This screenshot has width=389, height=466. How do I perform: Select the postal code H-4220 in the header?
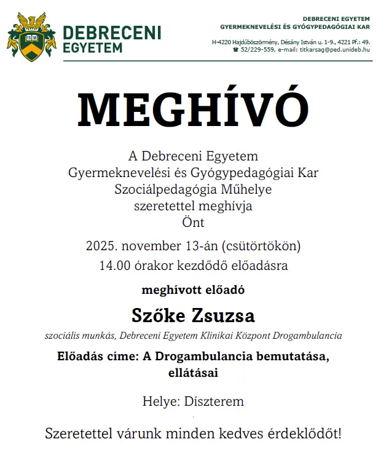[x=224, y=42]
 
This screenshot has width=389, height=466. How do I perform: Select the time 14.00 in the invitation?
[x=114, y=266]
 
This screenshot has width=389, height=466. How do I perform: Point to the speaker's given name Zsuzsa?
[x=224, y=316]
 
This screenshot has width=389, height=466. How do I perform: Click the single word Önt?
[x=193, y=222]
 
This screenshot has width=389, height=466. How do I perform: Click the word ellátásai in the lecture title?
[x=193, y=372]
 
